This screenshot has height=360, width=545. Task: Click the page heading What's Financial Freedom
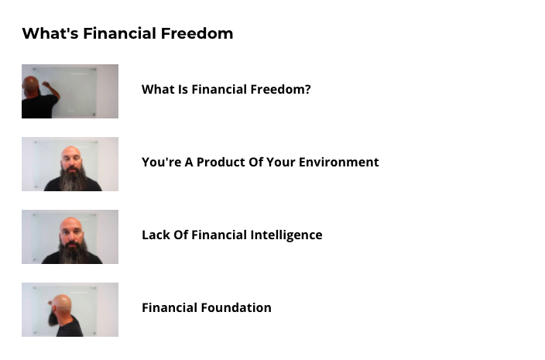(128, 34)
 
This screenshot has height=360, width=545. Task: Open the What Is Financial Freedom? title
(226, 89)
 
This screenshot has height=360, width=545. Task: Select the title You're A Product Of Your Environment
(260, 163)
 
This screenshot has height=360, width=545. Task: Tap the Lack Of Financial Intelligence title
(231, 235)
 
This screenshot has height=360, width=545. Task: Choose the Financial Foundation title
(207, 308)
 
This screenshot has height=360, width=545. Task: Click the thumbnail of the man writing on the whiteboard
(70, 91)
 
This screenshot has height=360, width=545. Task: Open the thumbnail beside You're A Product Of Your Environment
(70, 164)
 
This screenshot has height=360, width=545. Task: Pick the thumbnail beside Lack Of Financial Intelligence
(70, 237)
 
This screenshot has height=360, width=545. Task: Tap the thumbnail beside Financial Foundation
(70, 310)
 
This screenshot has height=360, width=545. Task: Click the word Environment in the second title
(338, 163)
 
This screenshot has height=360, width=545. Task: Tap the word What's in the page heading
(50, 34)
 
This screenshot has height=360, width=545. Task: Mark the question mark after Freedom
(307, 89)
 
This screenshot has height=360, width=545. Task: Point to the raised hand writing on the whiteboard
(46, 84)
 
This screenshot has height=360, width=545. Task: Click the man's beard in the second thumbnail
(73, 179)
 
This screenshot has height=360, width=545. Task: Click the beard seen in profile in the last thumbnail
(54, 317)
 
